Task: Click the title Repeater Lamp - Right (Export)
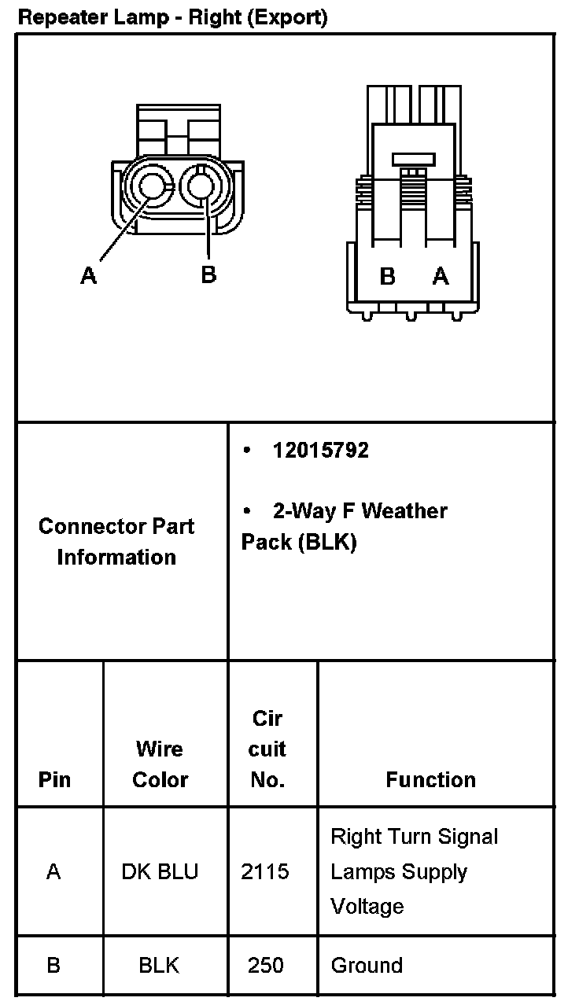172,17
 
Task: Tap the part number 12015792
320,451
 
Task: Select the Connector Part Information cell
116,542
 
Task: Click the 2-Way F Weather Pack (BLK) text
345,527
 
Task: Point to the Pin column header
54,779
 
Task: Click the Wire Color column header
160,764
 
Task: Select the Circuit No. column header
267,749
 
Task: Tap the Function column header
430,779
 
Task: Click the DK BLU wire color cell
160,871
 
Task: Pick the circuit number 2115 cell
265,871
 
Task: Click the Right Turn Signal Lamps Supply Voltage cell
414,871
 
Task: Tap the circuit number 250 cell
265,965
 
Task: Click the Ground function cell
367,965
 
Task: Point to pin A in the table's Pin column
53,871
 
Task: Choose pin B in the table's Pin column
53,965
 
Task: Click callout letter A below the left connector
89,275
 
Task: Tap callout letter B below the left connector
208,274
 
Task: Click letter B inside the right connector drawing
387,276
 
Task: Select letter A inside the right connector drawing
441,276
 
